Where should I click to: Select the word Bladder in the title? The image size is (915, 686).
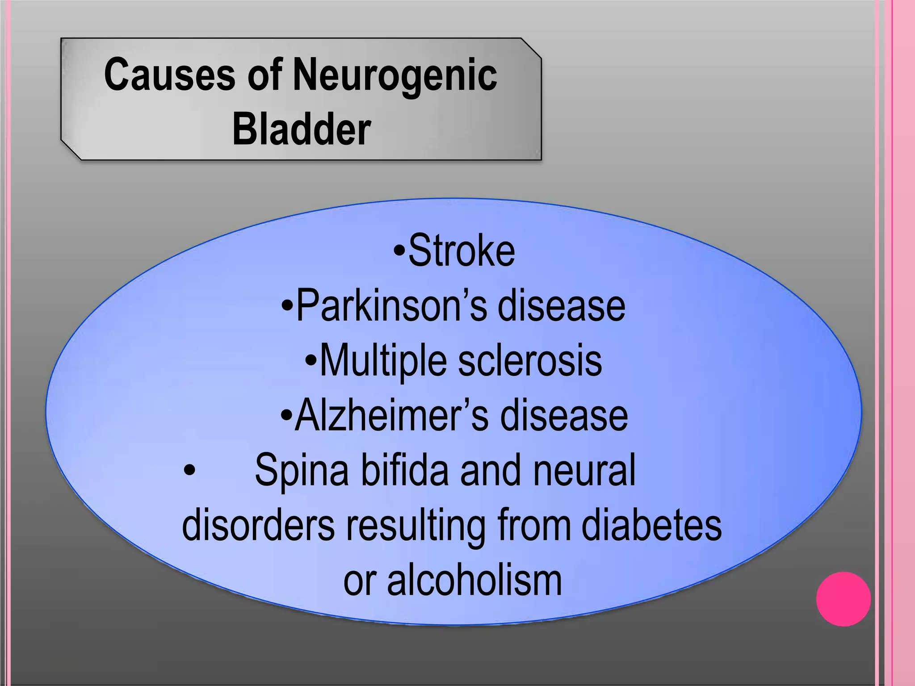tap(302, 129)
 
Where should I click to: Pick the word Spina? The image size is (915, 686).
tap(302, 471)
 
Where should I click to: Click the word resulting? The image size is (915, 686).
tap(416, 526)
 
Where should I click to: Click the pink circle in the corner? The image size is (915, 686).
tap(843, 599)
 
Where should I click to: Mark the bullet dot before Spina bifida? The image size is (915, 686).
tap(189, 471)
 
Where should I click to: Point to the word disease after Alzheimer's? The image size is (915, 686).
tap(564, 416)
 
